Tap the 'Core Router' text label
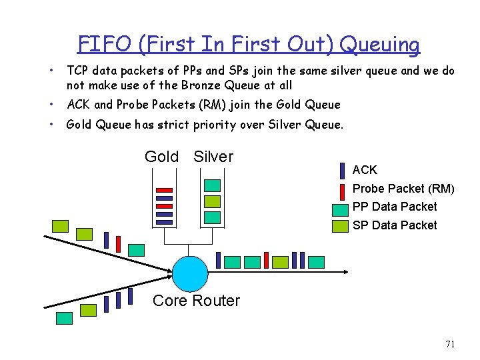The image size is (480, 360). point(196,301)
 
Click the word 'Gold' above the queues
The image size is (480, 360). point(161,157)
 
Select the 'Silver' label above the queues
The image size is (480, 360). point(213,157)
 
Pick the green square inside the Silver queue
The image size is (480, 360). point(212,201)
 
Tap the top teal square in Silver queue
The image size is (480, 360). point(212,185)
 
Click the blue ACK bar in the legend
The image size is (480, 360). point(342,171)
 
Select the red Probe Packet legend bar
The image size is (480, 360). point(342,189)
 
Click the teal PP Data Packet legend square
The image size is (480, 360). point(341,208)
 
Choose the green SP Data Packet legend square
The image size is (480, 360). point(341,226)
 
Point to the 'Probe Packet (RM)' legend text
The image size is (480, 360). point(403,189)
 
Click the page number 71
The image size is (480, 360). point(450,344)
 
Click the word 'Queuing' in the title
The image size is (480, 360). point(381,45)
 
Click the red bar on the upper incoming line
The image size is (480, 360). point(118,244)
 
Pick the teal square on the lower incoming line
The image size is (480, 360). point(65,318)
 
